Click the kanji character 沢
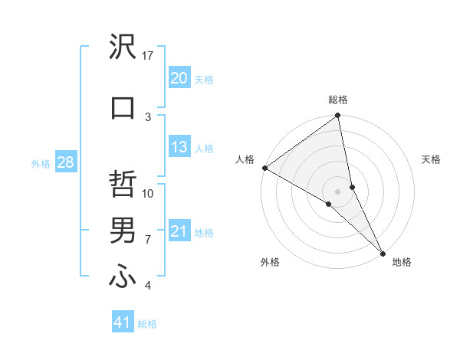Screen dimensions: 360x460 click(123, 48)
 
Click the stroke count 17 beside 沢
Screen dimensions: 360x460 click(149, 56)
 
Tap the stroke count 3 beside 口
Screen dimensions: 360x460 click(149, 116)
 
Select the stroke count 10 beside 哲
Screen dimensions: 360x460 click(149, 194)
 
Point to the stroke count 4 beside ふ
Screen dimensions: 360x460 click(149, 286)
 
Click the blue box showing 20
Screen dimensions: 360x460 click(179, 78)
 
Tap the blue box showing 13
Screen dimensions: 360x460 click(179, 147)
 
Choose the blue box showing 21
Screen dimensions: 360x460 click(179, 231)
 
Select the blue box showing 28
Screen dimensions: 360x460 click(65, 162)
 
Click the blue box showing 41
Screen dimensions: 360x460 click(123, 322)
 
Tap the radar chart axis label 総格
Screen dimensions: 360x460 click(338, 100)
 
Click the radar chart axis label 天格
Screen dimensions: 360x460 click(432, 159)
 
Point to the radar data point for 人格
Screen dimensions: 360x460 click(264, 168)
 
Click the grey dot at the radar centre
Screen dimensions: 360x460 click(338, 191)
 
